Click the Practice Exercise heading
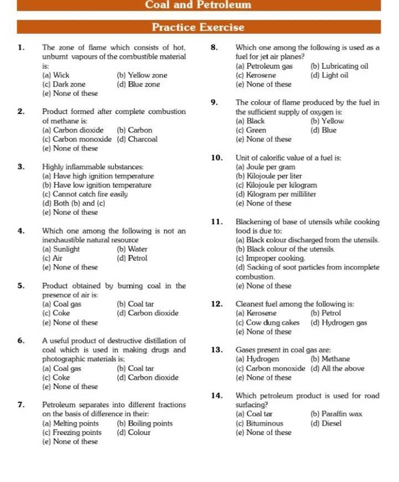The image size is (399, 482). (198, 27)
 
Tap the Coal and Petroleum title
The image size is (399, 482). (198, 5)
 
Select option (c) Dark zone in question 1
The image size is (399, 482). (64, 84)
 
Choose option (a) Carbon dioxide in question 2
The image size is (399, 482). (73, 130)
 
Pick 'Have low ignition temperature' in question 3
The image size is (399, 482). (97, 185)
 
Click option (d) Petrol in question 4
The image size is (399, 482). (132, 258)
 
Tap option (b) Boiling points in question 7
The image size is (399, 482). (145, 423)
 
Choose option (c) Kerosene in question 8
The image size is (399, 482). (256, 75)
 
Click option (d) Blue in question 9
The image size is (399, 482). (323, 130)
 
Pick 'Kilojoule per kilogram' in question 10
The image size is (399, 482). (277, 185)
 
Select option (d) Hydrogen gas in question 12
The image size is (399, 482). (339, 322)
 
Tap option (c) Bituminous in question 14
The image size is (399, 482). (260, 423)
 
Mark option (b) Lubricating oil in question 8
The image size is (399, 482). (339, 66)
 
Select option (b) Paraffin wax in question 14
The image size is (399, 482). (337, 414)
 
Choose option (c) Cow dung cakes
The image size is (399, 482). (268, 322)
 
